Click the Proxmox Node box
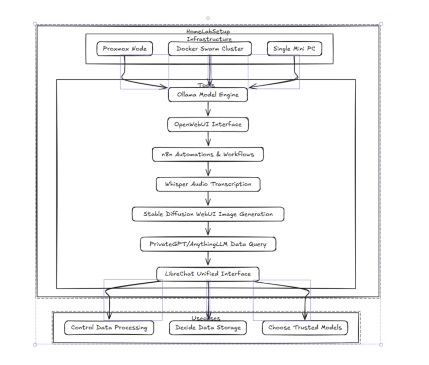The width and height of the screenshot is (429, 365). (x=124, y=49)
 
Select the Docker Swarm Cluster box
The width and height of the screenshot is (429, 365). (x=210, y=49)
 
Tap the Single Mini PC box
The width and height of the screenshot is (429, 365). (x=294, y=49)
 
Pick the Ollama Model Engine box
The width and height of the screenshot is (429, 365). (x=208, y=95)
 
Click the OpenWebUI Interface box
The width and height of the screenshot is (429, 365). (x=208, y=124)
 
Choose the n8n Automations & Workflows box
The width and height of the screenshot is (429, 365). (x=208, y=154)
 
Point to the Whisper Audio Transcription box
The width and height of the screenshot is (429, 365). (x=208, y=184)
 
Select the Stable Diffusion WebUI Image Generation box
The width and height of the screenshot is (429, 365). (x=208, y=214)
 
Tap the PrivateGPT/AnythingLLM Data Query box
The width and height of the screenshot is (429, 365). (x=208, y=244)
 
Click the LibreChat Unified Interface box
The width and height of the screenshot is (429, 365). (x=208, y=274)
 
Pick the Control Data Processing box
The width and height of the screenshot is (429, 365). (x=109, y=328)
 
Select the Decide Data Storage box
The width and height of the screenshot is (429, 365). (x=208, y=328)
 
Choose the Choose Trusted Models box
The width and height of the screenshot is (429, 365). (x=305, y=328)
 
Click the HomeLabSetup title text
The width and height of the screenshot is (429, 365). (x=208, y=31)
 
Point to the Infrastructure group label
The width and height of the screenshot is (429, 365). (x=209, y=39)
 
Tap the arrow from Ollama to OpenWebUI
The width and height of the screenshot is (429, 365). (x=208, y=110)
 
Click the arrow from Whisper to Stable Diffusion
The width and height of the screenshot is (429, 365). (x=208, y=199)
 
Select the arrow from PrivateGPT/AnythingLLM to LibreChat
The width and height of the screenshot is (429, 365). (x=208, y=259)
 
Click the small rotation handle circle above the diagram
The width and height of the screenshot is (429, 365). (x=208, y=18)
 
